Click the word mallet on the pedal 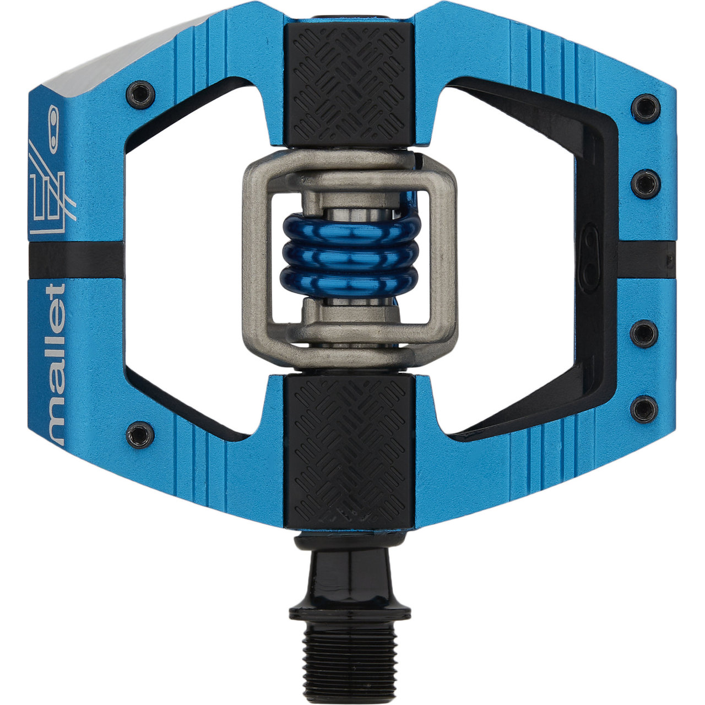tap(55, 364)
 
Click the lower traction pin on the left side tap(140, 434)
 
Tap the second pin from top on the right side tap(645, 183)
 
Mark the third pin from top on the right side tap(644, 333)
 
